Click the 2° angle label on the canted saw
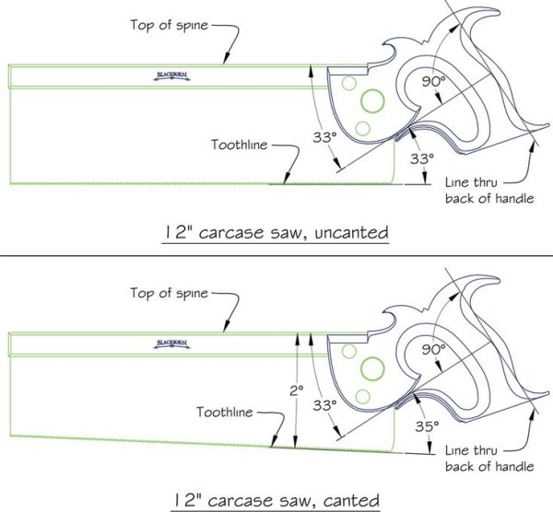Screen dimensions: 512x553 (295, 390)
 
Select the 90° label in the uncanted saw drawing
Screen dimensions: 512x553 (434, 83)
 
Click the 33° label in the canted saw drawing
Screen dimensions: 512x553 (324, 404)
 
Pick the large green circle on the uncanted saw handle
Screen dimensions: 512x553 (372, 99)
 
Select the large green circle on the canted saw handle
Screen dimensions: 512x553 (372, 369)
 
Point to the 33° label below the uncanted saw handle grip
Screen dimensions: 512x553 (421, 158)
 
